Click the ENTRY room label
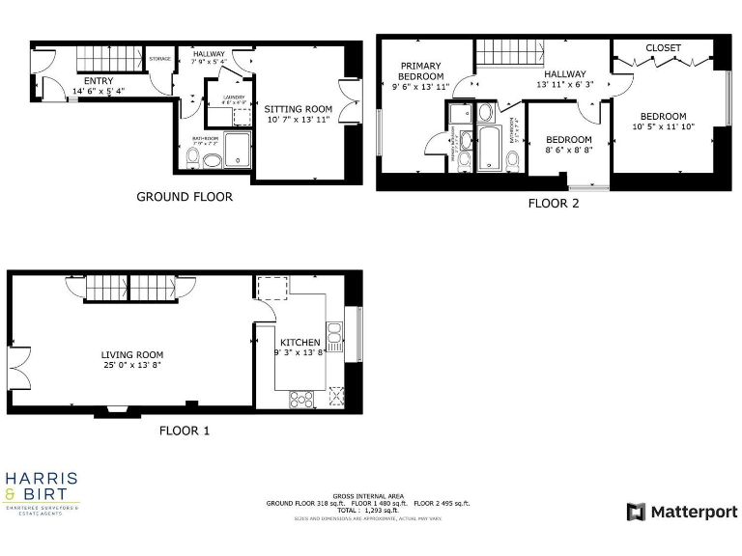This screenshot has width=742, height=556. [99, 81]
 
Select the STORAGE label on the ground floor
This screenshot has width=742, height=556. [160, 60]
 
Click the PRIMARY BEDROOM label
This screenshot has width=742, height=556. [421, 70]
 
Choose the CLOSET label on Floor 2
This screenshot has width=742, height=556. [663, 48]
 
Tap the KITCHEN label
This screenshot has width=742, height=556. [300, 343]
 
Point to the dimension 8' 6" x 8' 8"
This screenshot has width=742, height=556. [569, 150]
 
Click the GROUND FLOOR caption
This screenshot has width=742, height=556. [184, 197]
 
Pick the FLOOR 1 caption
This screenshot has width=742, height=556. [185, 431]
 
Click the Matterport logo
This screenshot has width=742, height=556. [681, 511]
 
